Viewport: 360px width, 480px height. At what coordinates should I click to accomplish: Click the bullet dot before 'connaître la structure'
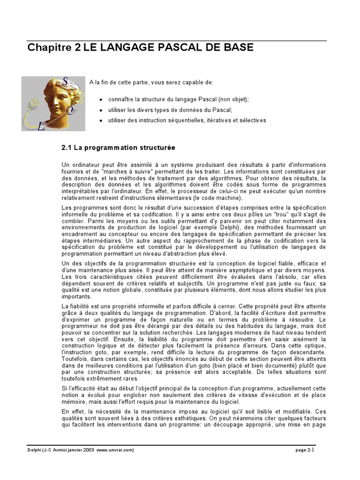coord(102,100)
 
